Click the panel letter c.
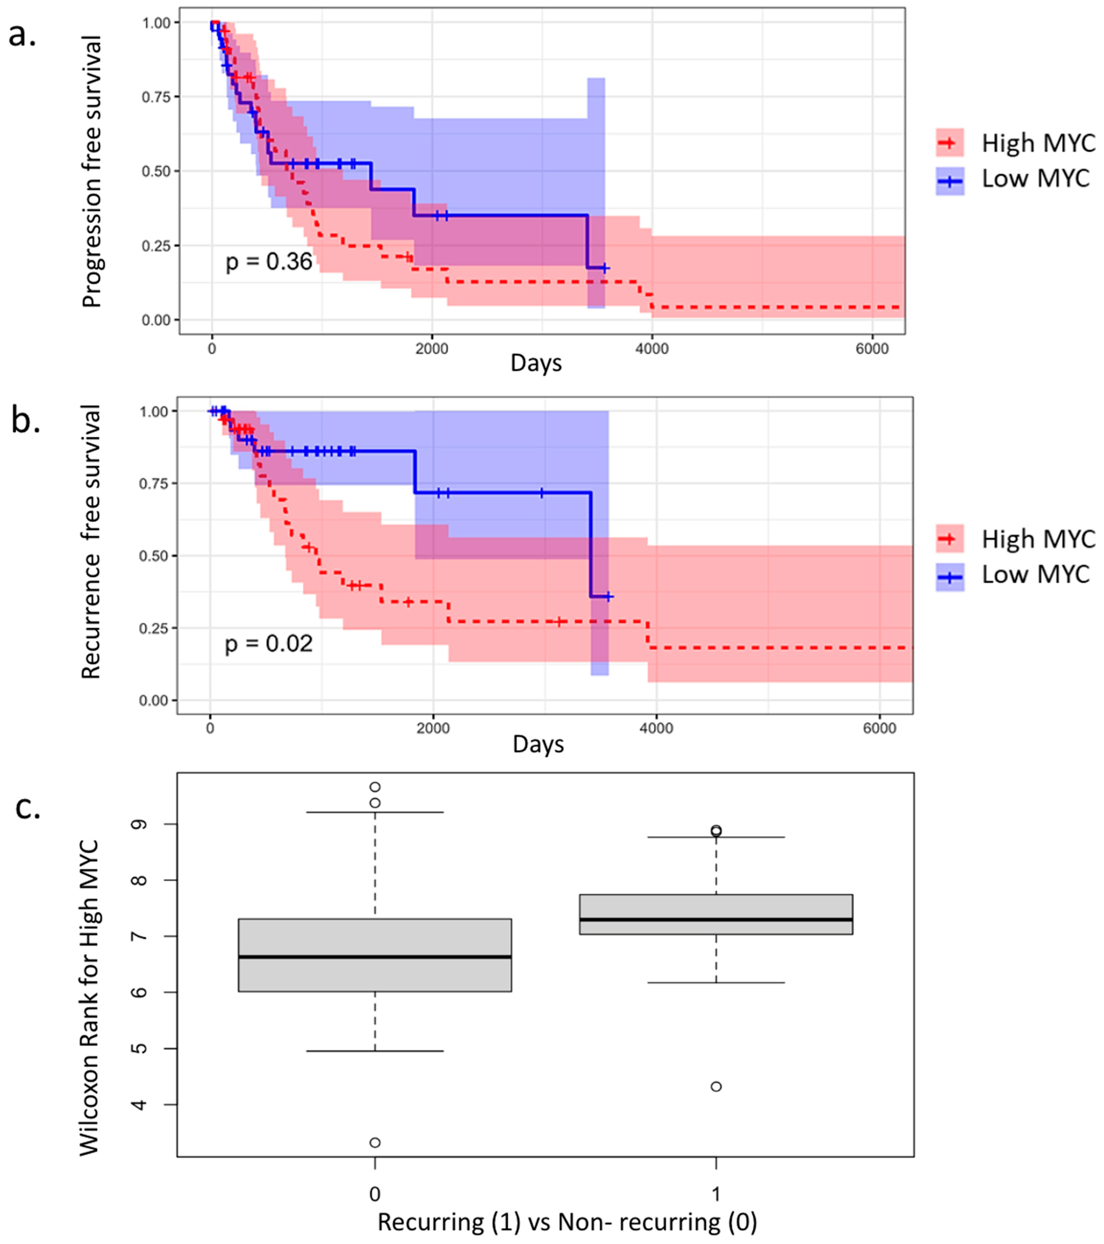(x=27, y=808)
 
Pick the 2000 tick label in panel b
(x=433, y=729)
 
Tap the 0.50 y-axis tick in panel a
(x=156, y=172)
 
